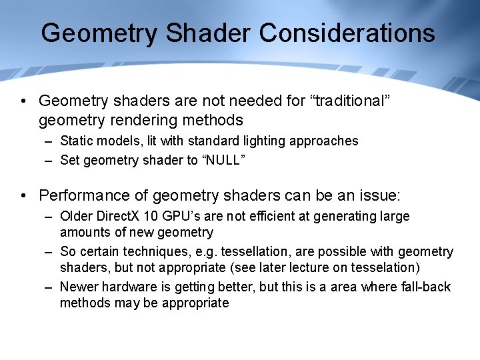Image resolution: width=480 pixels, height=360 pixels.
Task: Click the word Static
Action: click(x=75, y=141)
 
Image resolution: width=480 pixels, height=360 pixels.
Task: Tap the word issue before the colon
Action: click(x=377, y=195)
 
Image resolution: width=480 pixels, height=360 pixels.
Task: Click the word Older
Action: click(x=76, y=216)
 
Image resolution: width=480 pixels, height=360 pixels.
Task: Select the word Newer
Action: click(x=77, y=287)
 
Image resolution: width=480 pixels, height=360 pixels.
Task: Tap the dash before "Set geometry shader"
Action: click(x=49, y=160)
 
